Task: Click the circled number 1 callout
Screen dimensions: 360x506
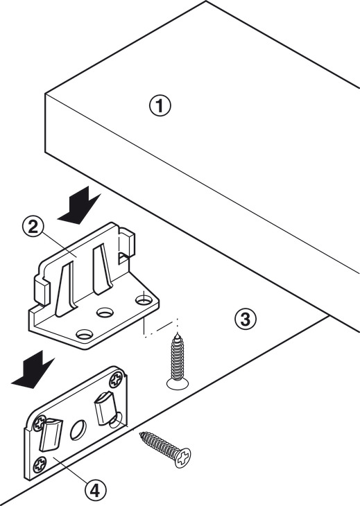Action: tap(160, 107)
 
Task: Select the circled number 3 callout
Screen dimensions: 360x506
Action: tap(246, 320)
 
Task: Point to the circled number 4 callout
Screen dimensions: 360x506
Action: tap(95, 491)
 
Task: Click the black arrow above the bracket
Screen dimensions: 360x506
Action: tap(80, 206)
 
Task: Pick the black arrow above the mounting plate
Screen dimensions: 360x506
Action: tap(33, 370)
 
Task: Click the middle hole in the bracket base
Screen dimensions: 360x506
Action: tap(105, 312)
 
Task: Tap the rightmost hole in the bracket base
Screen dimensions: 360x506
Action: tap(144, 300)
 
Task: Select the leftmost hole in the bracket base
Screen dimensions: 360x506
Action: tap(85, 334)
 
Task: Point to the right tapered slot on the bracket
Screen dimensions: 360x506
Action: tap(103, 270)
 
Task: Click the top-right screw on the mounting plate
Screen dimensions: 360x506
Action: tap(117, 380)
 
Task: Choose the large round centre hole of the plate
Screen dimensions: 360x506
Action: tap(78, 430)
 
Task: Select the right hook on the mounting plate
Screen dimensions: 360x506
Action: tap(105, 408)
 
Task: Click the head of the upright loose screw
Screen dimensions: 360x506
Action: tap(178, 383)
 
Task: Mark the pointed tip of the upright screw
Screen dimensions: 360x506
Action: tap(177, 333)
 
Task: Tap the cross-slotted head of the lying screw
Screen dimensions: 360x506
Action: tap(182, 457)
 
